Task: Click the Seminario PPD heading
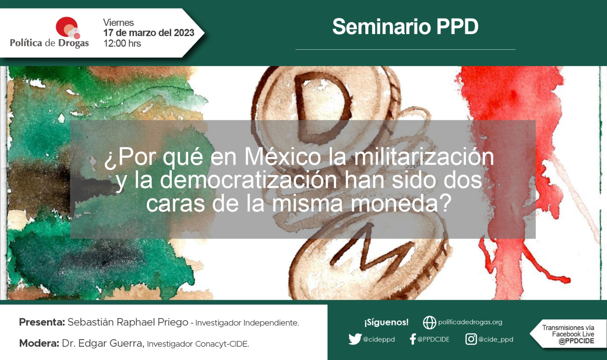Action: click(406, 27)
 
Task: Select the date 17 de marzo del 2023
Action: click(149, 33)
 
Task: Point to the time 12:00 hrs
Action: click(122, 43)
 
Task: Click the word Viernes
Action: click(118, 22)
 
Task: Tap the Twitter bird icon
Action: click(355, 339)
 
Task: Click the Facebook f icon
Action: click(413, 339)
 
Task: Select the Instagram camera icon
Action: click(471, 339)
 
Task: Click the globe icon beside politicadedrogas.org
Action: click(429, 322)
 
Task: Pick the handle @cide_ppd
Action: click(495, 340)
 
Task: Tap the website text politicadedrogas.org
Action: click(470, 322)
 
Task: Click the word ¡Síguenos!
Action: click(387, 322)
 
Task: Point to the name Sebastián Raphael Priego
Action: click(128, 322)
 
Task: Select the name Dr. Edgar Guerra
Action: click(102, 343)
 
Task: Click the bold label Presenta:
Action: click(42, 322)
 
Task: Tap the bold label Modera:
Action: click(39, 343)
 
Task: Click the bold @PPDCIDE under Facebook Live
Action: click(576, 341)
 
